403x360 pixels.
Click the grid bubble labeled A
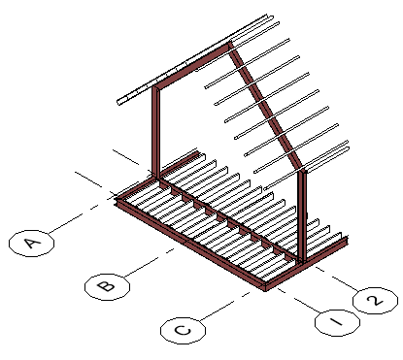coord(31,244)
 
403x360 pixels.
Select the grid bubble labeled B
coord(107,286)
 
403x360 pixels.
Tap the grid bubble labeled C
coord(183,330)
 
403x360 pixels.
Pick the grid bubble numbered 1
coord(337,322)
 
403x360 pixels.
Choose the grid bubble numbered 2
coord(375,301)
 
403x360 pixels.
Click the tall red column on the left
coord(155,133)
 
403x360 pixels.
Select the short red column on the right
coord(302,215)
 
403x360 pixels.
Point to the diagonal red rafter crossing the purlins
coord(265,107)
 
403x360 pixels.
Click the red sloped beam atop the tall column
coord(192,66)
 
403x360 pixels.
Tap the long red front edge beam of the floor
coord(191,245)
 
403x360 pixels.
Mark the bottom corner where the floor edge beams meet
coord(265,288)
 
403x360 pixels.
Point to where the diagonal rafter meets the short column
coord(302,169)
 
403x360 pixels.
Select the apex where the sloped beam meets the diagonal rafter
coord(230,45)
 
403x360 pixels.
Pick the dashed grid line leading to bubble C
coord(225,307)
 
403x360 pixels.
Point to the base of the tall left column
coord(155,178)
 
